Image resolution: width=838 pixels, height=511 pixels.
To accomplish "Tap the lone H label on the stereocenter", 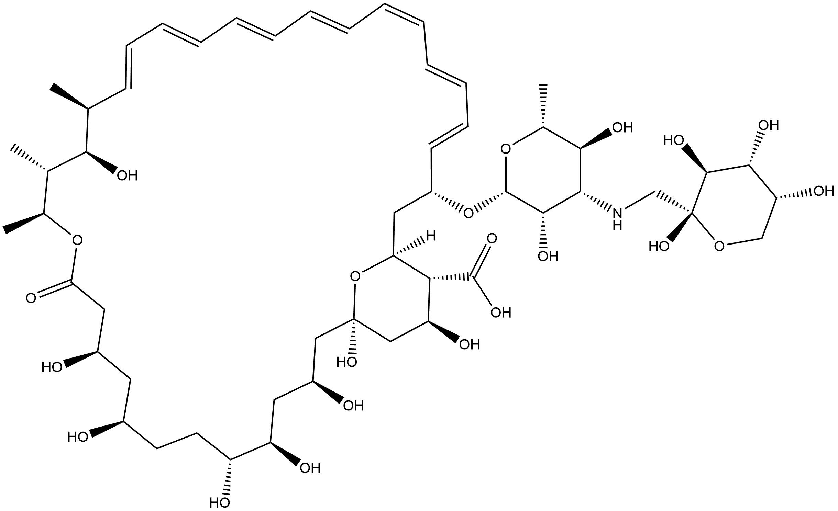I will click(431, 236).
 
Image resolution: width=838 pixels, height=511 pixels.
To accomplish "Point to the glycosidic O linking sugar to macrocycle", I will click(467, 213).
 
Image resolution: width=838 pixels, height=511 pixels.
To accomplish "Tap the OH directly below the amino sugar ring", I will click(548, 256).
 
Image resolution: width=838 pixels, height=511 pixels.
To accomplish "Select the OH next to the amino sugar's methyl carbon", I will click(622, 128).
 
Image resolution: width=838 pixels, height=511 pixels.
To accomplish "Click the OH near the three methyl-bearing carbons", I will click(127, 175).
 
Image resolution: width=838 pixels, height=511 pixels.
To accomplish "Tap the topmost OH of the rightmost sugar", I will click(769, 125).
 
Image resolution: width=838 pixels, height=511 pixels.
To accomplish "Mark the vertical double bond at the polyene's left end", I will click(128, 67).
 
